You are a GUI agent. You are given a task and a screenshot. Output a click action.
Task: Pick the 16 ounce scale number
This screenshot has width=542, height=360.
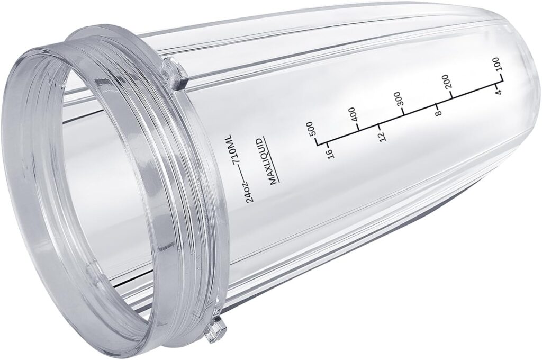tap(330, 153)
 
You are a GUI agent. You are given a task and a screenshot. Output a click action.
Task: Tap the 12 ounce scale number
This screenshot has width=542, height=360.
tap(382, 136)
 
